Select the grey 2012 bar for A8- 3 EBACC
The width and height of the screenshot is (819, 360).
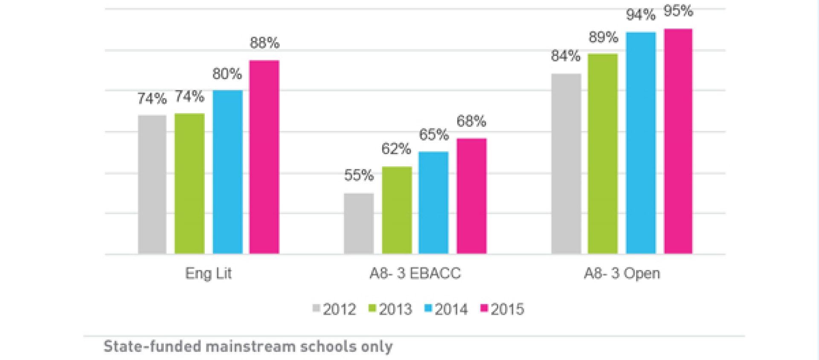coord(359,224)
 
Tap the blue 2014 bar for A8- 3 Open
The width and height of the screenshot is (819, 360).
coord(641,143)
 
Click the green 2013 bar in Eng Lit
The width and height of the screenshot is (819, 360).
coord(189,183)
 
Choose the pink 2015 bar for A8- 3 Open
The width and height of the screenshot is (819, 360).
coord(678,141)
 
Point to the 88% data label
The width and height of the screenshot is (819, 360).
coord(264,43)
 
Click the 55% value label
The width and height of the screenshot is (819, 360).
coord(359,175)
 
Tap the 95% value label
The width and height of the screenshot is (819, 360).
coord(678,11)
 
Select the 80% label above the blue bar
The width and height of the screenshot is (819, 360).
coord(227,74)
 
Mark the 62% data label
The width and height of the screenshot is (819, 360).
coord(396,149)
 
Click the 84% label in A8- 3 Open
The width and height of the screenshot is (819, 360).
coord(566,56)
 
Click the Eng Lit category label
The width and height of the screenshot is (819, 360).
coord(208,273)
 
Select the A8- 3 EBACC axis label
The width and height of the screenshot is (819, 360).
coord(415,273)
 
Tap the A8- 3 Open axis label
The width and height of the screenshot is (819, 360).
coord(622,273)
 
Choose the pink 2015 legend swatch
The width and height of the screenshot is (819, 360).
coord(484,308)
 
